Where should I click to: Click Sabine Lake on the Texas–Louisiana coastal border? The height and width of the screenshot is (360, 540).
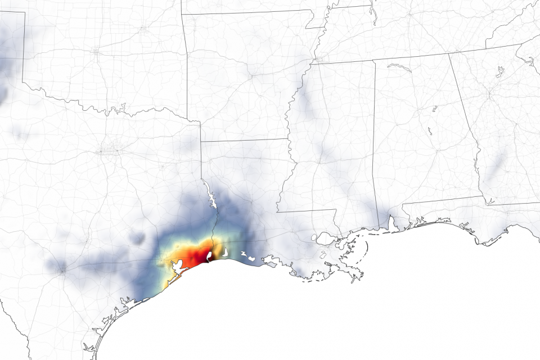(209, 256)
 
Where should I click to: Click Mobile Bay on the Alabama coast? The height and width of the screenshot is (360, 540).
(390, 224)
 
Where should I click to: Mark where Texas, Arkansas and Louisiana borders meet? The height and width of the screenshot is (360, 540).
(201, 141)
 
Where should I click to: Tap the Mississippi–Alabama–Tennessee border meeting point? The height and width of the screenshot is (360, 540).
(374, 60)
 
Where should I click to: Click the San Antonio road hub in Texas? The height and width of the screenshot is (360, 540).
(62, 271)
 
